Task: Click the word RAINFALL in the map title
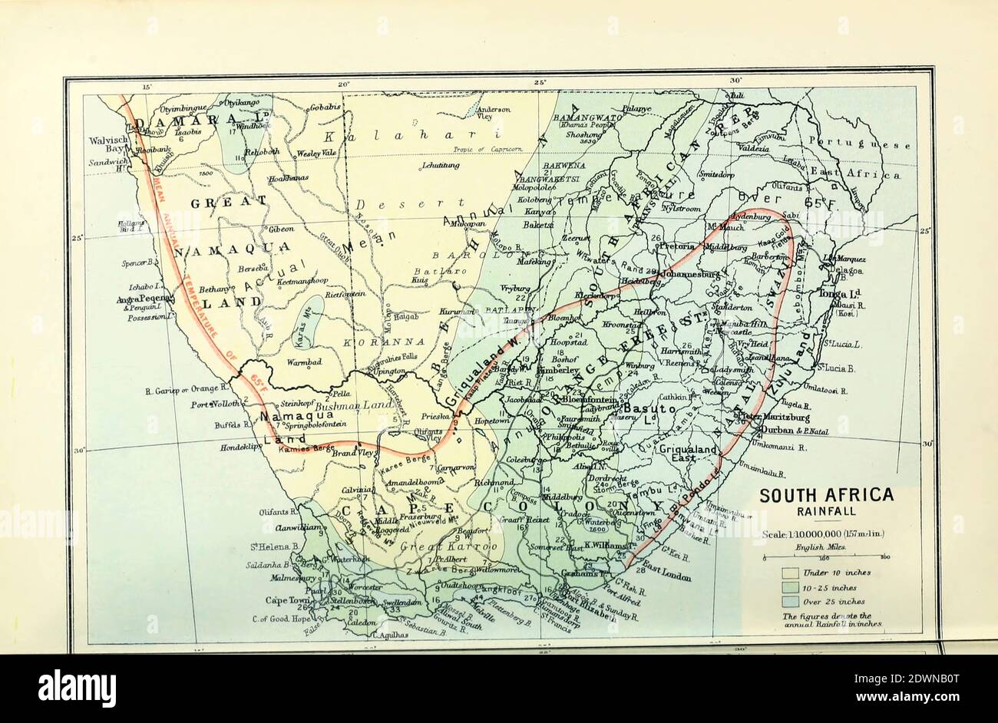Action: (x=826, y=512)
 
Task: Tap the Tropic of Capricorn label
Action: (x=497, y=149)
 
